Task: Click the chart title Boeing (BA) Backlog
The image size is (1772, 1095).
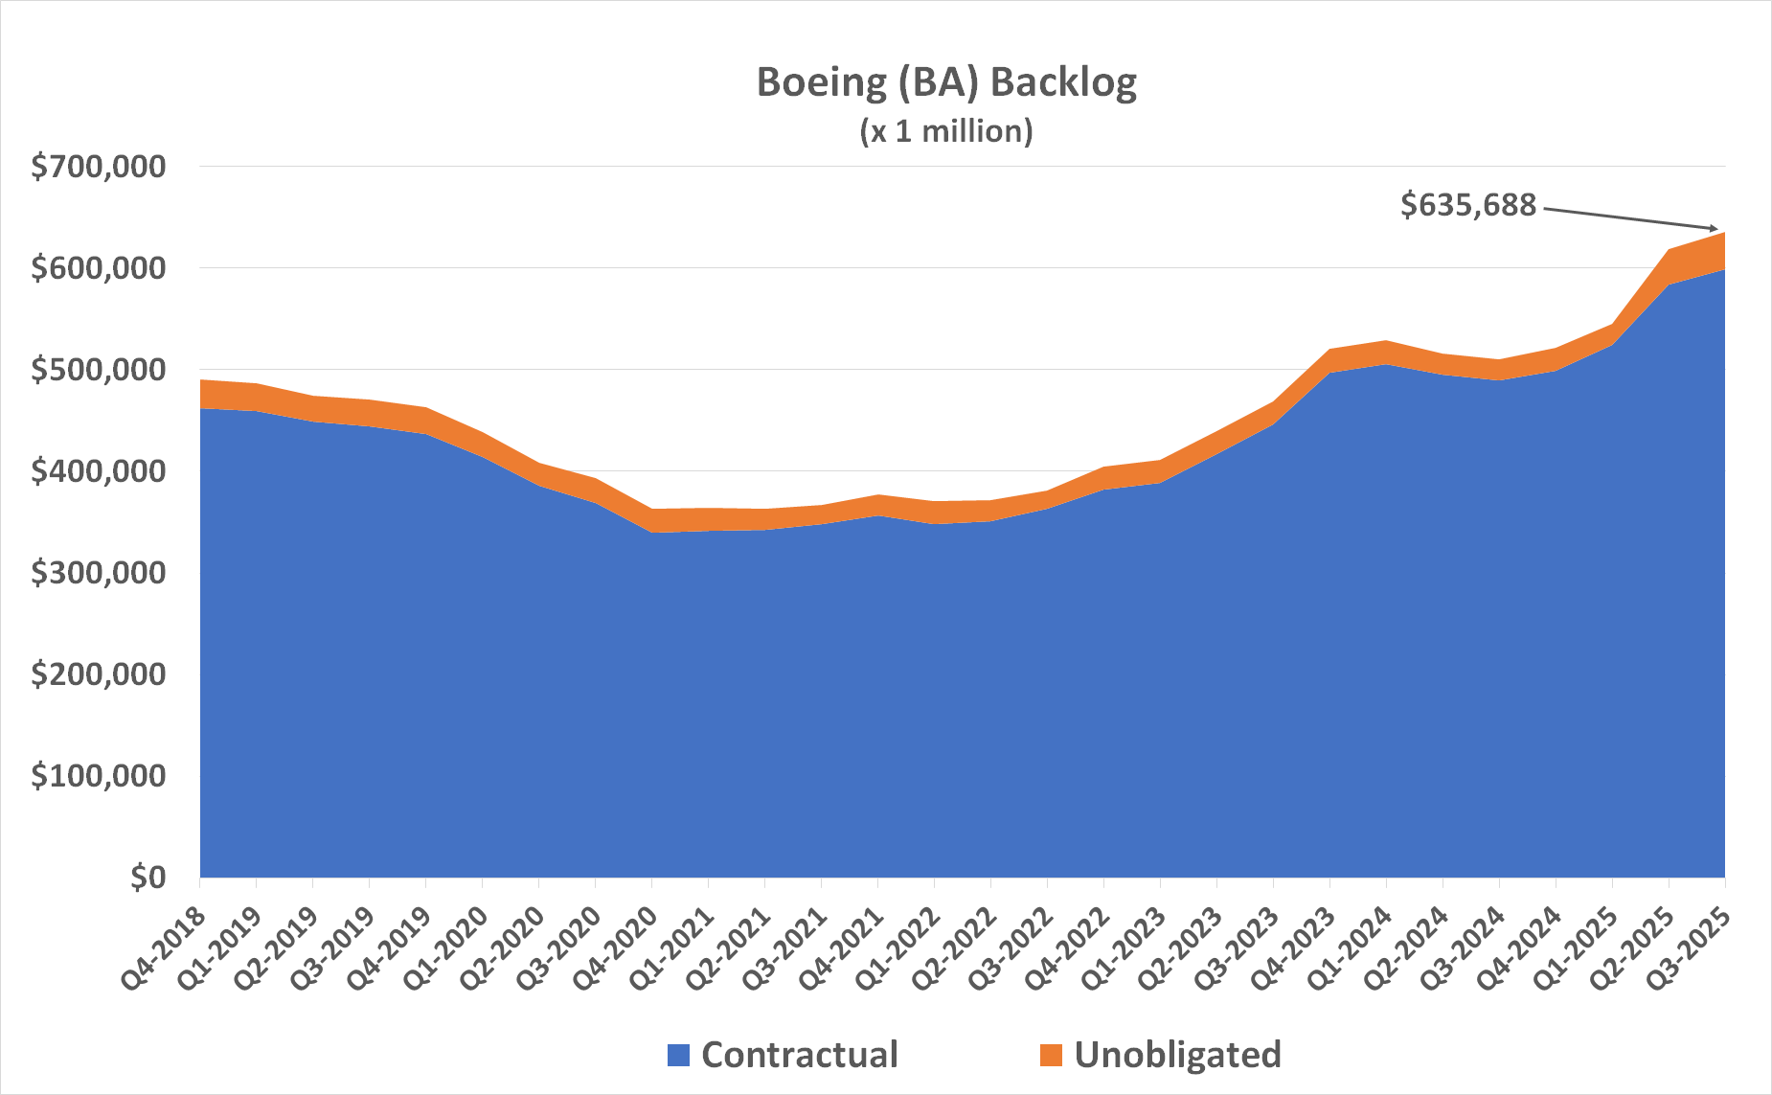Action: click(x=946, y=82)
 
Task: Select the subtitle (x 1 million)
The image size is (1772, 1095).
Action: click(x=946, y=130)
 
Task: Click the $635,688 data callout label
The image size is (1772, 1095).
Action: click(x=1467, y=205)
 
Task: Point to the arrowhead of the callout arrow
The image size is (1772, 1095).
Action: click(x=1715, y=229)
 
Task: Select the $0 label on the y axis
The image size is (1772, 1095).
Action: click(x=148, y=878)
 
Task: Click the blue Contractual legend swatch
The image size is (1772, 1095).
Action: click(x=678, y=1055)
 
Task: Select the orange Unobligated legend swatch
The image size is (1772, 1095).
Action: click(x=1051, y=1055)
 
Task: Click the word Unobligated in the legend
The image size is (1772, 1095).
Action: click(x=1177, y=1055)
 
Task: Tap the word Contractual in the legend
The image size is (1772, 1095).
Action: click(x=799, y=1055)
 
